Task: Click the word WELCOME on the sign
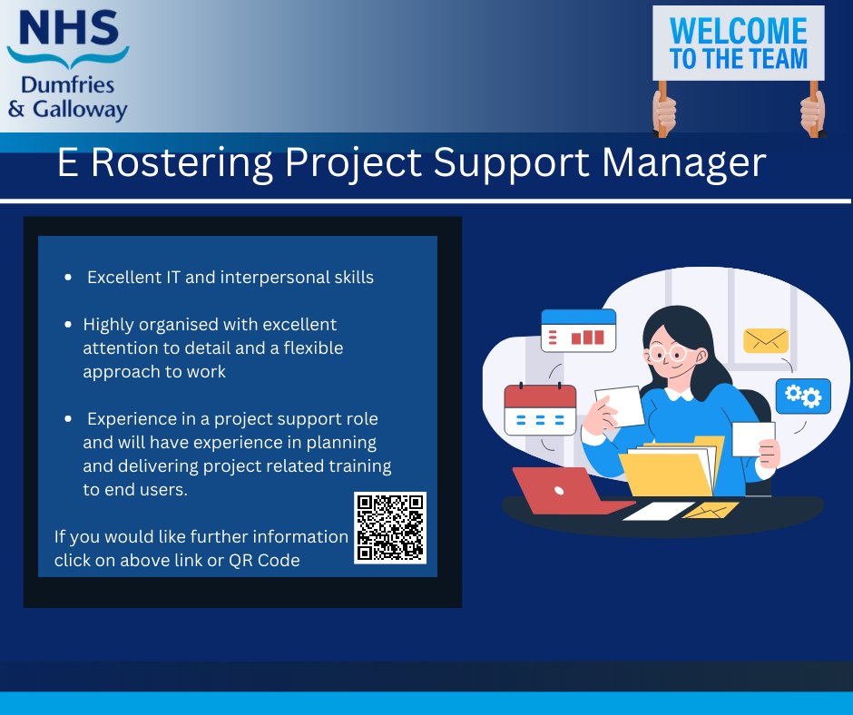737,31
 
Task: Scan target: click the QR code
390,528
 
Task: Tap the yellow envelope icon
765,340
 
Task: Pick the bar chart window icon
578,330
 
